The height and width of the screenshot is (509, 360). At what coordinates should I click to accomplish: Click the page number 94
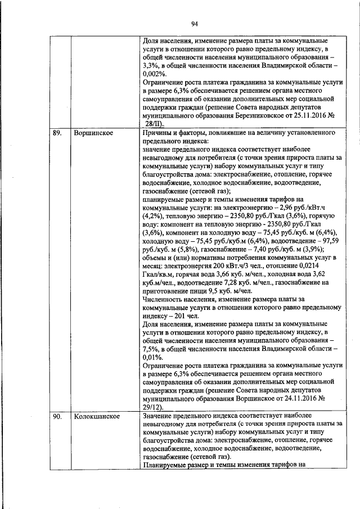194,23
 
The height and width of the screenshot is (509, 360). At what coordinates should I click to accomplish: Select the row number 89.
56,133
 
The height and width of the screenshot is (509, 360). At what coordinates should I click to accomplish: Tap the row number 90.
56,417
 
